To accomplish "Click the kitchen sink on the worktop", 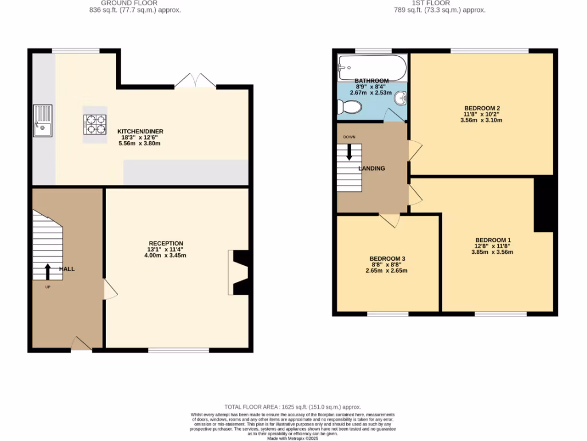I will [42, 121].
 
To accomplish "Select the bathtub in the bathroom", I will [372, 67].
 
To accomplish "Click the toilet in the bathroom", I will [349, 107].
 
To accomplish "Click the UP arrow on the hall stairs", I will [48, 271].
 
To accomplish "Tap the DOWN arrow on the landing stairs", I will [349, 152].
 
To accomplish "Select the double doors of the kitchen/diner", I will [195, 81].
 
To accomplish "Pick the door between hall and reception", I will [109, 289].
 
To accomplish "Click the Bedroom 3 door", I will [390, 220].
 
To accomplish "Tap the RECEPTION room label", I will [167, 243].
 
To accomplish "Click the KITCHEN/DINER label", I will [140, 131].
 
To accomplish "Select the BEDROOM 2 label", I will [482, 108].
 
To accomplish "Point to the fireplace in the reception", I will [239, 272].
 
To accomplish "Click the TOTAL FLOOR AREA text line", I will [293, 407].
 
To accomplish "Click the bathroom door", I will [394, 115].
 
